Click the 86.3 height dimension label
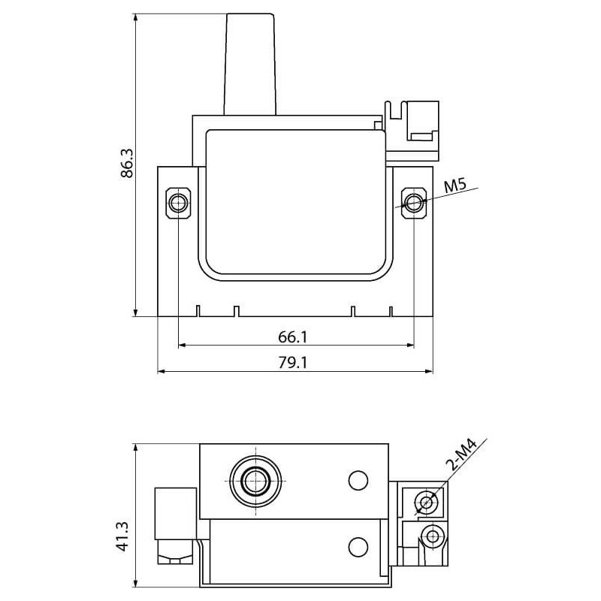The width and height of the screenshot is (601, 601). [127, 163]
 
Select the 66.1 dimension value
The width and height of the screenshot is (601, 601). [295, 335]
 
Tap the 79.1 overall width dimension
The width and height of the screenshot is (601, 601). [295, 361]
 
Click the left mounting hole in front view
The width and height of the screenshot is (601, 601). [178, 203]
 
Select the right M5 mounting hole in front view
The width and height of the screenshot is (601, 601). [414, 203]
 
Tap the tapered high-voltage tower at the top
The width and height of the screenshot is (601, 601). [250, 64]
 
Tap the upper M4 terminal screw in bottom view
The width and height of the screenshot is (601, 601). [427, 502]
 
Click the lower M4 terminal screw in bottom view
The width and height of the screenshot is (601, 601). [431, 536]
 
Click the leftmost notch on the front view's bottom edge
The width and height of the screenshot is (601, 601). [197, 311]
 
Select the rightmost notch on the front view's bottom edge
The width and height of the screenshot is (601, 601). [391, 311]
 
